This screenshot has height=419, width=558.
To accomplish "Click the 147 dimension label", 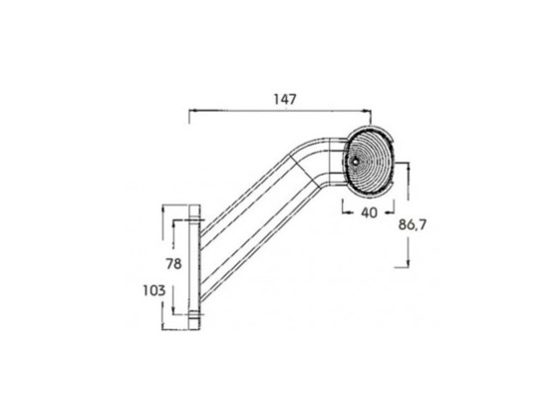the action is click(x=285, y=100).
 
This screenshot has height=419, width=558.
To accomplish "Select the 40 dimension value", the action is click(x=369, y=213).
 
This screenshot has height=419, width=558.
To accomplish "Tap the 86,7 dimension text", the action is click(x=413, y=225).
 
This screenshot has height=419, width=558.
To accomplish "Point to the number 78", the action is click(x=173, y=264).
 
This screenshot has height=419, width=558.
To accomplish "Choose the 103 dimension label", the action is click(x=154, y=291).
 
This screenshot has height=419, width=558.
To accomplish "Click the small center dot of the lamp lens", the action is click(x=355, y=161).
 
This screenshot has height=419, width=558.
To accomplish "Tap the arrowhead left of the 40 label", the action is click(x=345, y=213).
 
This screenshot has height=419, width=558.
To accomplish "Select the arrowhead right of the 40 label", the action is click(x=391, y=213).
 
